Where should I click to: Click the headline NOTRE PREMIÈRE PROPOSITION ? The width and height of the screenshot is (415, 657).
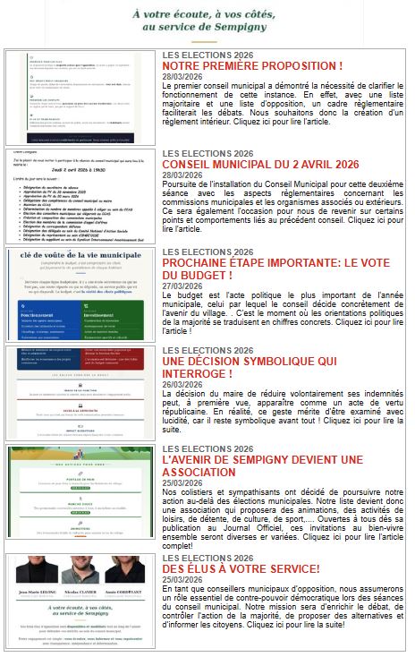point(252,67)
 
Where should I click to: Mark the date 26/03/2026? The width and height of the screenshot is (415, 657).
point(182,385)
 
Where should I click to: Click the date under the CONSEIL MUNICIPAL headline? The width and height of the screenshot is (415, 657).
point(182,175)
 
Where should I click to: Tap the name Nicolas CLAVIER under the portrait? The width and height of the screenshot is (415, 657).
point(81,593)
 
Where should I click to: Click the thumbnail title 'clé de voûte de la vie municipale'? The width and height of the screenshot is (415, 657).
point(80,254)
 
